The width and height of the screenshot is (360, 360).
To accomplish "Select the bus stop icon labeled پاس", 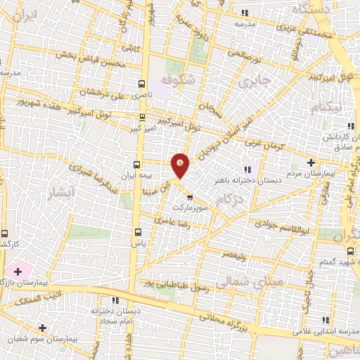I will (139, 231).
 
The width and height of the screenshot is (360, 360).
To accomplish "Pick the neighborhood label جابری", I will (254, 82).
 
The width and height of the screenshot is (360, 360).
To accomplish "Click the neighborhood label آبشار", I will (60, 195).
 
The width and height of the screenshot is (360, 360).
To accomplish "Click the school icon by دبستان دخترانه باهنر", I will (247, 168).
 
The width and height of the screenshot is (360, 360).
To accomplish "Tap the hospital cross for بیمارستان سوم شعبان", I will (43, 328).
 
